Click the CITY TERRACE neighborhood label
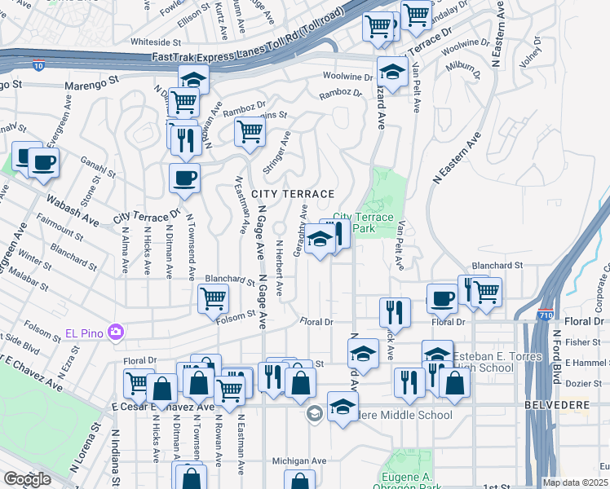(x=294, y=194)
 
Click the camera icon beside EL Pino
(x=116, y=332)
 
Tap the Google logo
(x=27, y=479)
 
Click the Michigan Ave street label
(x=299, y=460)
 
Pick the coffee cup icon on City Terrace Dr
(x=184, y=177)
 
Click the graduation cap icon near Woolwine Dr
(x=392, y=72)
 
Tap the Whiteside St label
(x=154, y=41)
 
